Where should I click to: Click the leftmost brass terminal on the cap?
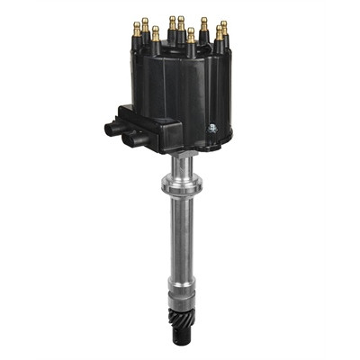(x=137, y=29)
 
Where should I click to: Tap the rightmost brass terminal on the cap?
(x=224, y=30)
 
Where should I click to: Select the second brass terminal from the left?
(x=145, y=24)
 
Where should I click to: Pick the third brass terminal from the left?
(x=156, y=34)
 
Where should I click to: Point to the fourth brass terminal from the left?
(x=172, y=22)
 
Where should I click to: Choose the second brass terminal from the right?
(x=218, y=34)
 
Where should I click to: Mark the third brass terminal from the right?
(x=204, y=24)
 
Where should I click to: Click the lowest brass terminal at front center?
(x=190, y=37)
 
